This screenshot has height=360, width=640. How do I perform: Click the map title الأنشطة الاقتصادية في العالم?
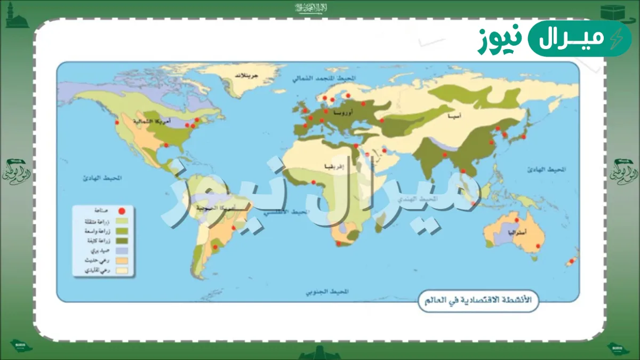pyautogui.click(x=478, y=300)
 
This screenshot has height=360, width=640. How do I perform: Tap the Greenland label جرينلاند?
pyautogui.click(x=247, y=76)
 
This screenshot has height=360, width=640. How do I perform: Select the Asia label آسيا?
pyautogui.click(x=455, y=116)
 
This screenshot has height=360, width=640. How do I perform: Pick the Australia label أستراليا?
pyautogui.click(x=518, y=233)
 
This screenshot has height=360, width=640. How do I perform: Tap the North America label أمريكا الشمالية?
pyautogui.click(x=158, y=122)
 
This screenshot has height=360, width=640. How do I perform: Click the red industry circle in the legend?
pyautogui.click(x=122, y=211)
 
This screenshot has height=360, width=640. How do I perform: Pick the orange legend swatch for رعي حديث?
pyautogui.click(x=122, y=260)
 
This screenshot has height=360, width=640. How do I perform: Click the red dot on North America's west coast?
pyautogui.click(x=117, y=123)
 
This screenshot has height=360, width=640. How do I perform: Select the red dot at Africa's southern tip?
pyautogui.click(x=338, y=243)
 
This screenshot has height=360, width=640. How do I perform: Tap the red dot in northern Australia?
pyautogui.click(x=516, y=220)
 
